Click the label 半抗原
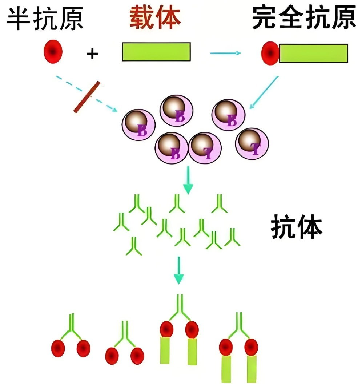tap(45, 18)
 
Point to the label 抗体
tap(297, 228)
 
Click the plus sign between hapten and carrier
tap(92, 54)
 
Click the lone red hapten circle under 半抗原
tap(53, 52)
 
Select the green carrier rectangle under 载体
tap(156, 52)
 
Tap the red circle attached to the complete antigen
tap(270, 53)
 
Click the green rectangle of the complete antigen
tap(313, 53)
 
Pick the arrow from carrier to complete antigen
tap(225, 53)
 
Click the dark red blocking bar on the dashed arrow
tap(87, 97)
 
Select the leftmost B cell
tap(138, 125)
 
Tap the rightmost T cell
tap(252, 144)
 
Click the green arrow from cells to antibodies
tap(188, 180)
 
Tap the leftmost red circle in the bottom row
tap(58, 349)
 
